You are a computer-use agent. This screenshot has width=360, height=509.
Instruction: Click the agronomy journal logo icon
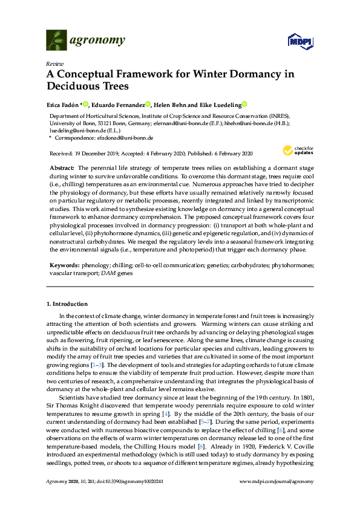click(x=57, y=41)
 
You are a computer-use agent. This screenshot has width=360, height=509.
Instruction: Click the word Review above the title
click(x=54, y=63)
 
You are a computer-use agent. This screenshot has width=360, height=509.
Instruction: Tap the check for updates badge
click(x=298, y=151)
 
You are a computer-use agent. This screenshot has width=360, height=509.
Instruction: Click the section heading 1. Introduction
click(x=67, y=303)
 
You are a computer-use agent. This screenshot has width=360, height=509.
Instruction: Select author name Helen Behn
click(x=180, y=104)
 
